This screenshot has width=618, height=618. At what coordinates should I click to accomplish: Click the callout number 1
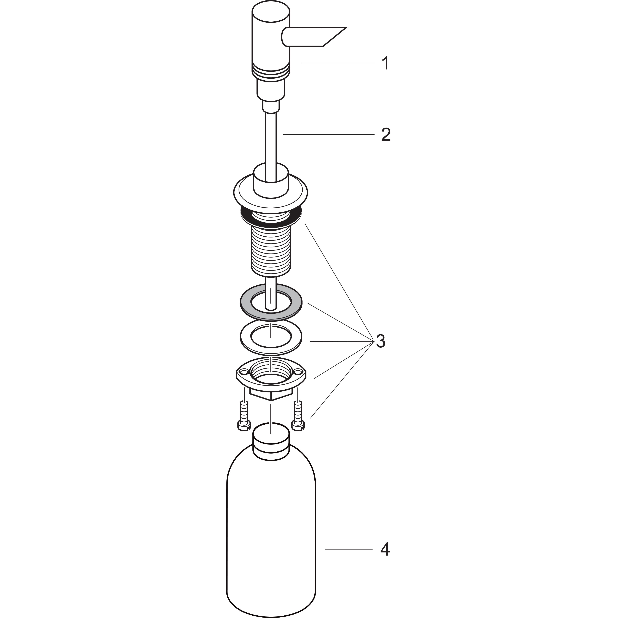tap(386, 63)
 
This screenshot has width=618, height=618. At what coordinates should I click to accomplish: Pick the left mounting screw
tap(244, 416)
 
